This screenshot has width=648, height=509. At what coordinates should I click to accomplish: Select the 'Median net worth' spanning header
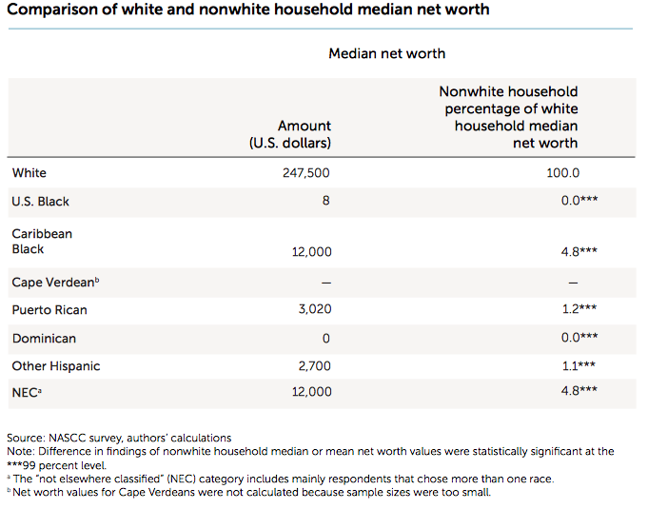(386, 53)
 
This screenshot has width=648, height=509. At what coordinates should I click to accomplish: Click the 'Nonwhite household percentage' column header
(508, 117)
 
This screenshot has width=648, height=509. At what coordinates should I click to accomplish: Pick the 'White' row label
(29, 173)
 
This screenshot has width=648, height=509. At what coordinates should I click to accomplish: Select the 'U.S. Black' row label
(40, 202)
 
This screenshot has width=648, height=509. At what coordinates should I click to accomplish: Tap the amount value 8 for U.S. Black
(326, 202)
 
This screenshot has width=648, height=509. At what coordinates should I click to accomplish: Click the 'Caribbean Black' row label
(42, 242)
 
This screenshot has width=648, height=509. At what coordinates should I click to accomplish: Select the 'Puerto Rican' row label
(49, 310)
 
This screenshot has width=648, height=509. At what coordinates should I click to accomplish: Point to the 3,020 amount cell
(311, 310)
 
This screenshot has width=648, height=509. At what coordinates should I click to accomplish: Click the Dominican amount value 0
(326, 339)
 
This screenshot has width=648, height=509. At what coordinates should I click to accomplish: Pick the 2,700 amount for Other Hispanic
(311, 366)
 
